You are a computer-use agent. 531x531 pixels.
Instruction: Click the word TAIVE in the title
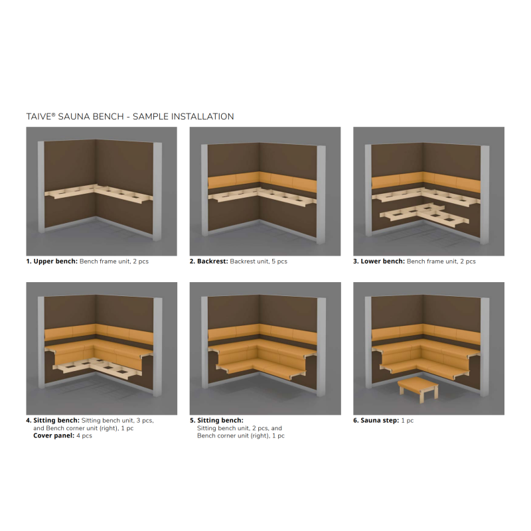click(x=39, y=117)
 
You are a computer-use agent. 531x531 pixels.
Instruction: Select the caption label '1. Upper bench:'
click(x=52, y=262)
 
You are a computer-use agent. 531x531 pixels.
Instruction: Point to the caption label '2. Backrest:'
click(x=208, y=262)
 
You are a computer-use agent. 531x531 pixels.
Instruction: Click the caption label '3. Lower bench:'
click(x=379, y=262)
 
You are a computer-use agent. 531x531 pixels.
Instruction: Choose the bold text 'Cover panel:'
click(x=54, y=435)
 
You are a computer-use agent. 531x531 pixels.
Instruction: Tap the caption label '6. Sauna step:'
click(x=376, y=421)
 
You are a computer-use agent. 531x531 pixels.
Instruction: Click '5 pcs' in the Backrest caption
click(x=279, y=262)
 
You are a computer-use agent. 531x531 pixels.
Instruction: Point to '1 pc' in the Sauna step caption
click(x=408, y=421)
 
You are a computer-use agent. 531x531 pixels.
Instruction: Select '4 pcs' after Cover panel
click(x=84, y=435)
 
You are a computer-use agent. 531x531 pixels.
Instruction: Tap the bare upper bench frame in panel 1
click(x=98, y=194)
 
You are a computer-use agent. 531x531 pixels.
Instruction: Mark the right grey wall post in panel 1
click(x=157, y=191)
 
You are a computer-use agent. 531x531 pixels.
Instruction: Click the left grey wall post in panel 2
click(x=204, y=190)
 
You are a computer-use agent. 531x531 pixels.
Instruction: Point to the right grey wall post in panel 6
click(x=485, y=346)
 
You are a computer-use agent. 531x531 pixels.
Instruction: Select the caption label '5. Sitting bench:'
click(x=216, y=421)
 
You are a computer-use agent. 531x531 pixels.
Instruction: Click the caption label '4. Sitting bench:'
click(x=53, y=421)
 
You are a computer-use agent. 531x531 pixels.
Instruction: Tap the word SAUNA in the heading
click(x=74, y=117)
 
